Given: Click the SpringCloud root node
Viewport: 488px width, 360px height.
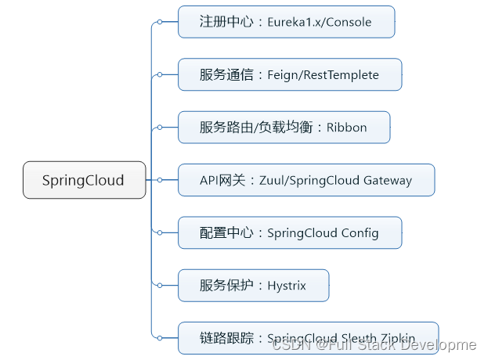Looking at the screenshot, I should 84,180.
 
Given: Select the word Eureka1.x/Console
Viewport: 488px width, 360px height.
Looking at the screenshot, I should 320,22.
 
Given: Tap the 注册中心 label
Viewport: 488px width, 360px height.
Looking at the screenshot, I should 226,22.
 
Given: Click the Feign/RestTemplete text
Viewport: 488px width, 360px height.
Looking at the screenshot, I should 324,75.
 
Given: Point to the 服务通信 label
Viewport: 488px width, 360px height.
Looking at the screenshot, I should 226,75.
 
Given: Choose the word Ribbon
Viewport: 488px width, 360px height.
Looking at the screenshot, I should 346,128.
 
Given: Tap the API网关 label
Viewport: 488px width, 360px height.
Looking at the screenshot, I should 223,180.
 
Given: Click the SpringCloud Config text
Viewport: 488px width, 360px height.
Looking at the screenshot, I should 323,233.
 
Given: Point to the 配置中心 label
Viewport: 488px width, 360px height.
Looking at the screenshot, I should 226,233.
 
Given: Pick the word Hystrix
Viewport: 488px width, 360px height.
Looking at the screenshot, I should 290,286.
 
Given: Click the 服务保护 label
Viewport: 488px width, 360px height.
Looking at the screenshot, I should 226,286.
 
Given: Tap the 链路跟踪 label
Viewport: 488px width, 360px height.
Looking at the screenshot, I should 226,338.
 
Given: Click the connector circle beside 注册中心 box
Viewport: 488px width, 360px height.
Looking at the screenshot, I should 160,22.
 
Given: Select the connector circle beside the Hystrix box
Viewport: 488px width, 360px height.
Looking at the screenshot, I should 160,286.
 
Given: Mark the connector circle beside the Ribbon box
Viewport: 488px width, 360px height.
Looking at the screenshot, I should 160,128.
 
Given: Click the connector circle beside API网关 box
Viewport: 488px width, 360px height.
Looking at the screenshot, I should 160,180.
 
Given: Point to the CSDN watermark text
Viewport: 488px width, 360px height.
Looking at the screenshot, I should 374,345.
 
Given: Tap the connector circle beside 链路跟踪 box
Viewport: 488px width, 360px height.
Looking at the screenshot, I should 160,338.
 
